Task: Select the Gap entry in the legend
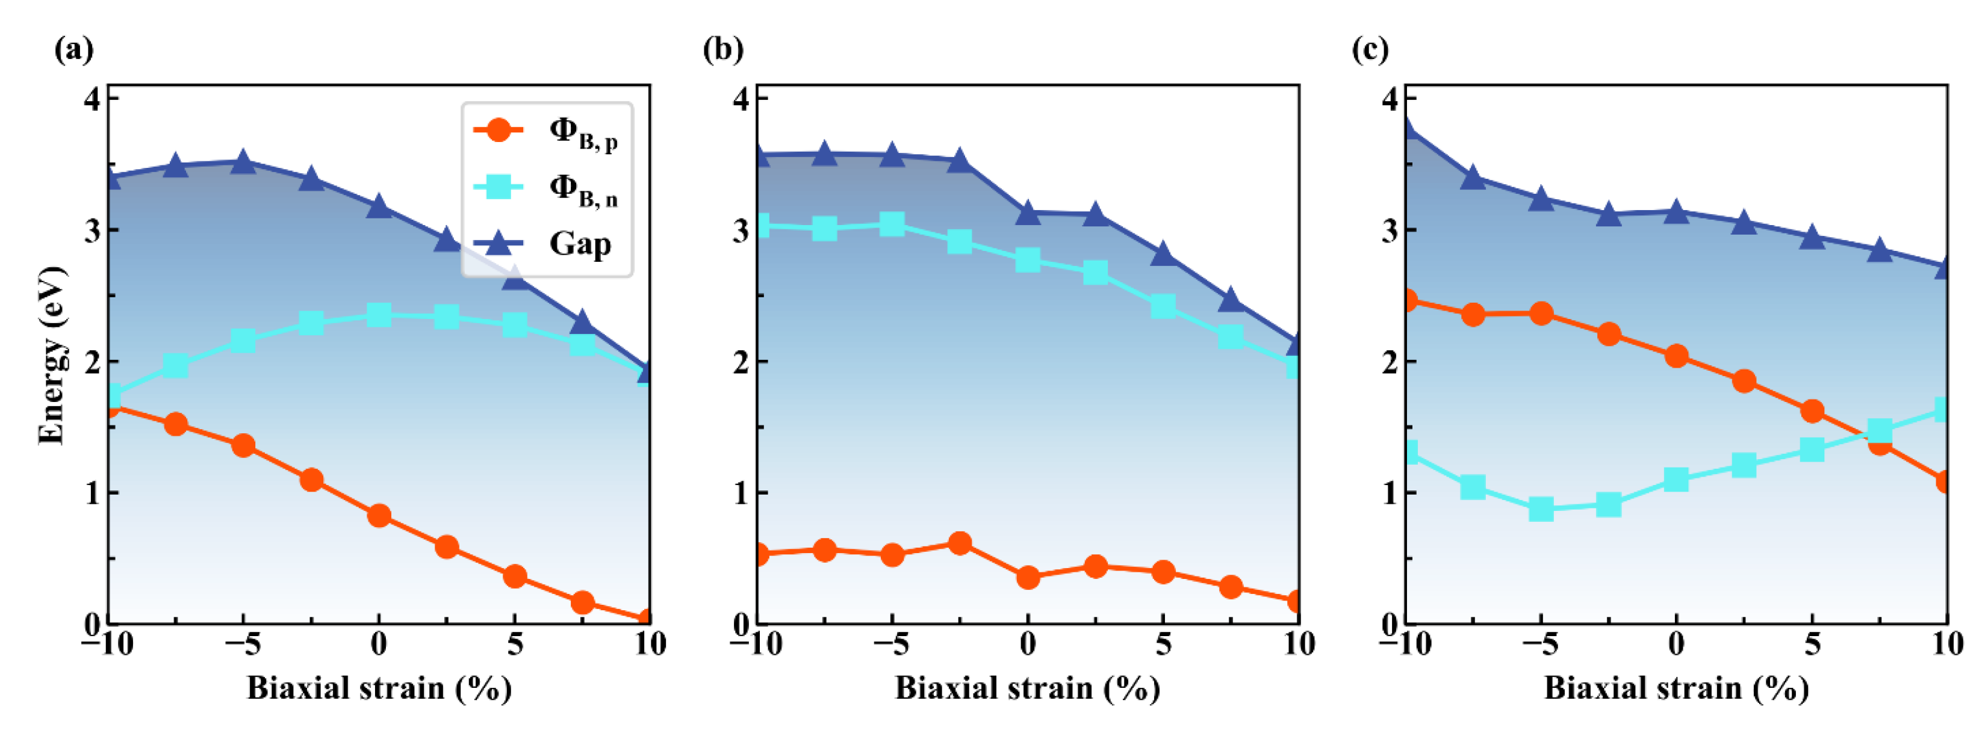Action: coord(579,244)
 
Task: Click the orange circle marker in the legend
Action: coord(499,129)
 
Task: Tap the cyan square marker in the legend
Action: coord(499,187)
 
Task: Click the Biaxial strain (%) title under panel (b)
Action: coord(1027,687)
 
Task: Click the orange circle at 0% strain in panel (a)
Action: coord(378,515)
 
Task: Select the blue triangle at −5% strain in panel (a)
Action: coord(243,162)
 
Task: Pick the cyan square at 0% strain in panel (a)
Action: coord(378,315)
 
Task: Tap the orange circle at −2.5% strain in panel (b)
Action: coord(959,543)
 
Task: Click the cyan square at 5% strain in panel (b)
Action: coord(1163,306)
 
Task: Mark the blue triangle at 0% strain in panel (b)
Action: coord(1027,213)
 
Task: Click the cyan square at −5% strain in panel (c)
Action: coord(1541,509)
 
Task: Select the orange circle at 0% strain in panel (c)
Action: coord(1676,356)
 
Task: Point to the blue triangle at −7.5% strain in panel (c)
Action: coord(1473,178)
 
